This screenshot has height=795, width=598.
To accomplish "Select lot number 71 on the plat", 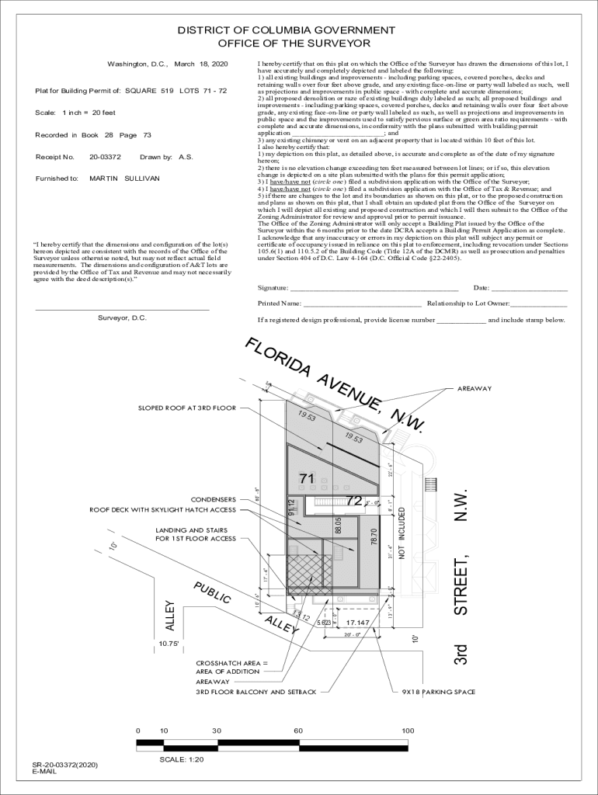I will click(x=307, y=479).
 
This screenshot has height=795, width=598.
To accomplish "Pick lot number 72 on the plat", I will click(x=353, y=501).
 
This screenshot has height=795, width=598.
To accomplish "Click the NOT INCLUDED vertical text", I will click(x=402, y=533).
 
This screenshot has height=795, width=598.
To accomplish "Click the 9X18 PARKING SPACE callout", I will click(x=438, y=692).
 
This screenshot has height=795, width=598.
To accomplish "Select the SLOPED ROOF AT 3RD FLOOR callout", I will click(x=186, y=408).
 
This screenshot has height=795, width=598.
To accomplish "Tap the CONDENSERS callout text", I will click(x=213, y=499).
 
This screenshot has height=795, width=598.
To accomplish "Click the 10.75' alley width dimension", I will click(x=169, y=644).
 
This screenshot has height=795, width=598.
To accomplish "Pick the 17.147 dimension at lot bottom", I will click(x=357, y=623).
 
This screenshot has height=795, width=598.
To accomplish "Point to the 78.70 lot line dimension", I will click(x=374, y=538).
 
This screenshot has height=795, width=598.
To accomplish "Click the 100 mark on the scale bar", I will click(x=408, y=731).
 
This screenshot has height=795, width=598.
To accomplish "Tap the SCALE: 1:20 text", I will click(x=181, y=760).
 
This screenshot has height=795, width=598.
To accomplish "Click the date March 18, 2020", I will click(x=200, y=64).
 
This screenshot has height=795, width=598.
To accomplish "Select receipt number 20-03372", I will click(x=105, y=157).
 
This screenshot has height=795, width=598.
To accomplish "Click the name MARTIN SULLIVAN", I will click(x=124, y=179).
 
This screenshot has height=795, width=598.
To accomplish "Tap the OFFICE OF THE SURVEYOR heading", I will click(x=294, y=43).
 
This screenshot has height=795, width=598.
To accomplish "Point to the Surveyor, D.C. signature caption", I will click(x=122, y=318).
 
